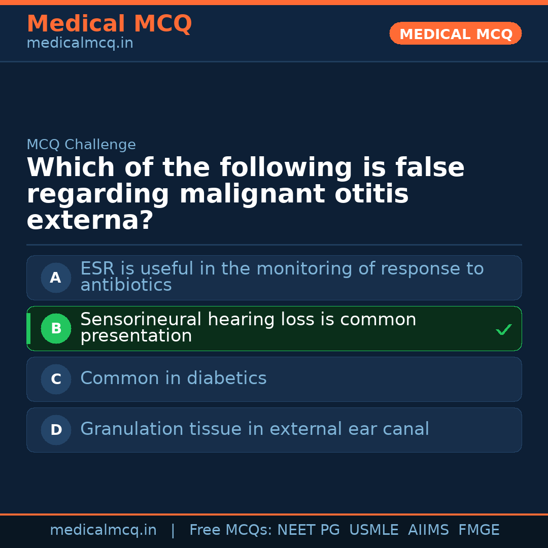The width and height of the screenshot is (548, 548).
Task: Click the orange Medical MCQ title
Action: (x=109, y=24)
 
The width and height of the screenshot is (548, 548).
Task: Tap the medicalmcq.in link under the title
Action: (x=80, y=44)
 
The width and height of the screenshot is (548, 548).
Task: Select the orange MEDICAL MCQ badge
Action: (x=455, y=33)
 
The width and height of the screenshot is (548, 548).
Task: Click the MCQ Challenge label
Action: (x=81, y=145)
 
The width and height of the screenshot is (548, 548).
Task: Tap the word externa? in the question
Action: (x=90, y=221)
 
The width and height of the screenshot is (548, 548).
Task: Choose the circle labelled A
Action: (x=56, y=278)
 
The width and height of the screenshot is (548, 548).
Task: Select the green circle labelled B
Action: (x=56, y=328)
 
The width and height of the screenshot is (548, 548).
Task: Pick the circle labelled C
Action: (x=56, y=379)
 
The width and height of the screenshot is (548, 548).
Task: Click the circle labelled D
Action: (x=56, y=430)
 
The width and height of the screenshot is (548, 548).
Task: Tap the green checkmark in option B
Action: (x=503, y=330)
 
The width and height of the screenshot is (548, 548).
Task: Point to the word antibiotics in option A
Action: (x=126, y=285)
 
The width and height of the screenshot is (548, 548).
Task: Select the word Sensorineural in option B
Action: (x=140, y=320)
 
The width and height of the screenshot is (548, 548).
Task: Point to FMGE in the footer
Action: (x=478, y=530)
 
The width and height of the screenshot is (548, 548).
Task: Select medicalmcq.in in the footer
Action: (x=103, y=530)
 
